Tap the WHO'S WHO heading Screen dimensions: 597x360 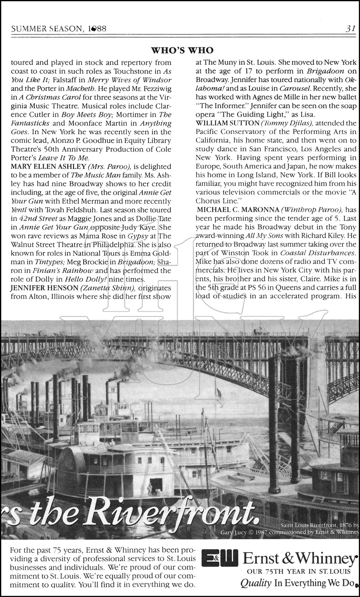(182, 50)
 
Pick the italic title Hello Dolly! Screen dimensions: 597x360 (86, 279)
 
